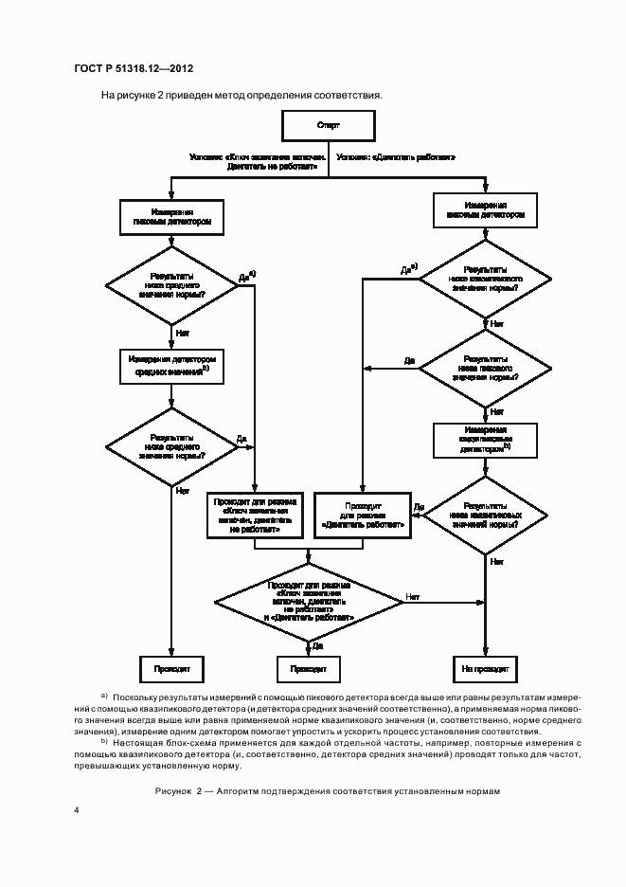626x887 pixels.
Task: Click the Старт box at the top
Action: coord(329,125)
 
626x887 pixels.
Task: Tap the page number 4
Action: coord(77,808)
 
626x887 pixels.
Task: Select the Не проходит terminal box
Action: coord(485,668)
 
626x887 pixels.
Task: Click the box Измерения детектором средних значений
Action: coord(172,367)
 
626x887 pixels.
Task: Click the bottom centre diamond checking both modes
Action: coord(312,601)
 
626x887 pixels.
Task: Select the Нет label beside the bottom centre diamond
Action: coord(413,596)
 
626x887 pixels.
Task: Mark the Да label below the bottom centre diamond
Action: coord(317,646)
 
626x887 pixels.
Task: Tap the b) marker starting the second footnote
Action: coord(104,741)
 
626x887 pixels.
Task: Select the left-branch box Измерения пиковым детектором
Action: coord(171,217)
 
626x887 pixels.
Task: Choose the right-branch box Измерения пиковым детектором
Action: coord(485,210)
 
